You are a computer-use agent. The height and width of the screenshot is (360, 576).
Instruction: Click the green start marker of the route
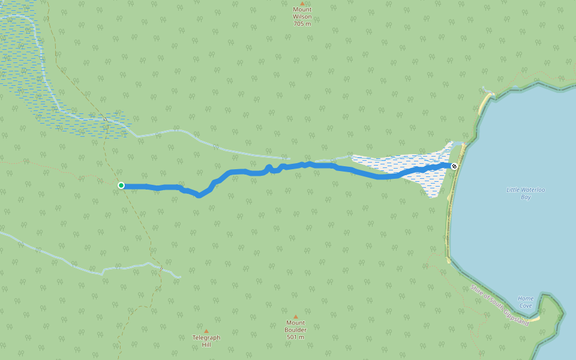click(121, 185)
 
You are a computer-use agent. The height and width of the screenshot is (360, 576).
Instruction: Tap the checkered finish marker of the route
click(454, 166)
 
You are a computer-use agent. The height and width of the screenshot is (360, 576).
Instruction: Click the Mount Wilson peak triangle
click(302, 3)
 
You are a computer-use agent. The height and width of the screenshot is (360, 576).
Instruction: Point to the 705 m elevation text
click(302, 24)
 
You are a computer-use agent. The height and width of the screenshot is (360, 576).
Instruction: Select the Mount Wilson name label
click(302, 13)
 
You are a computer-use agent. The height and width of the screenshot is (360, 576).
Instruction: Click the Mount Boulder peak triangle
click(295, 317)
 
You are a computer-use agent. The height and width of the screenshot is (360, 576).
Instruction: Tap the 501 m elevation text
click(295, 337)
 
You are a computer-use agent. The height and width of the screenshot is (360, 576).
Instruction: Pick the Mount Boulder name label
click(295, 326)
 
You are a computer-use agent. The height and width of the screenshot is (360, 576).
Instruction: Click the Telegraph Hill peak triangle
click(206, 331)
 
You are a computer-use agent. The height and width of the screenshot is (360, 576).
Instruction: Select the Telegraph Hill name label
click(206, 341)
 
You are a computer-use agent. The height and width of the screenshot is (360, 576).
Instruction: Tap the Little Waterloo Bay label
click(526, 193)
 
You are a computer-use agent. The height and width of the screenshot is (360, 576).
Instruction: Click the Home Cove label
click(526, 301)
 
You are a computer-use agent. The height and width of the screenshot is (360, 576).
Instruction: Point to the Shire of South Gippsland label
click(500, 305)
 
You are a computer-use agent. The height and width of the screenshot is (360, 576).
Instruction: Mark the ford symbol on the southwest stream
click(161, 269)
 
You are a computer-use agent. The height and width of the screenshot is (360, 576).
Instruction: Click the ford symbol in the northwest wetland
click(104, 119)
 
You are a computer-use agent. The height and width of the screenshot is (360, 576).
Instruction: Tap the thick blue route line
click(324, 166)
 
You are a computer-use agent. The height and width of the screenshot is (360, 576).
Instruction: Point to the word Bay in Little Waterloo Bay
click(526, 197)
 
